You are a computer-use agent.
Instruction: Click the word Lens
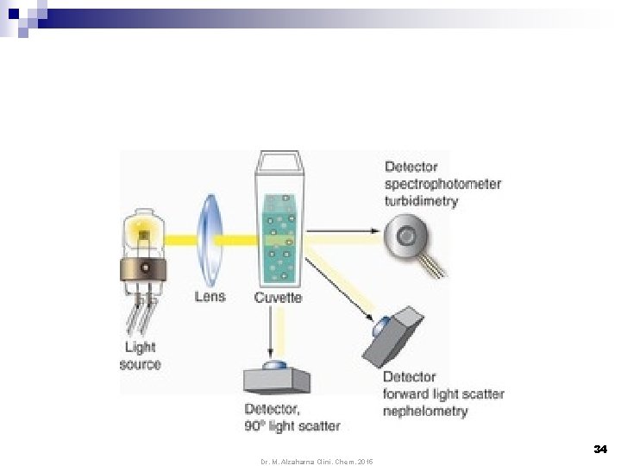[x=210, y=297]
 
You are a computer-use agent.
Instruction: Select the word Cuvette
[x=278, y=297]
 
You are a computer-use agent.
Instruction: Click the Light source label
[x=140, y=356]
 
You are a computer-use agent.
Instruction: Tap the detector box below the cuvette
[x=278, y=377]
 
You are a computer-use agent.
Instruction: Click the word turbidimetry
[x=421, y=201]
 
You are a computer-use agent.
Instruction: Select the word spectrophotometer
[x=442, y=184]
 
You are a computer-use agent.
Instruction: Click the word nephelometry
[x=425, y=411]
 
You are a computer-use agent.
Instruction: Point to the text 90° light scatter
[x=292, y=425]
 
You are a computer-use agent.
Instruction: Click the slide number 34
[x=600, y=449]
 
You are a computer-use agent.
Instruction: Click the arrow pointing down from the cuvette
[x=274, y=333]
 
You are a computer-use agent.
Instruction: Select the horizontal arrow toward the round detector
[x=342, y=230]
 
